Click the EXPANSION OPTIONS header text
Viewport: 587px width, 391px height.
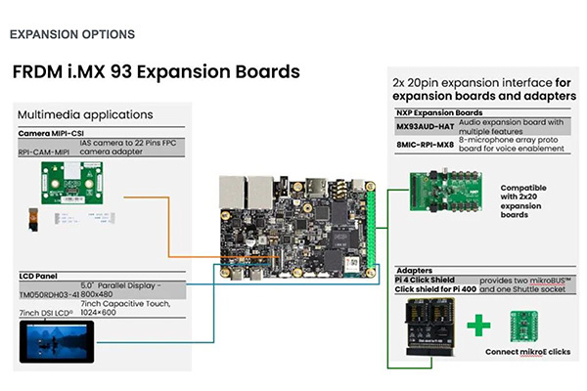pos(71,34)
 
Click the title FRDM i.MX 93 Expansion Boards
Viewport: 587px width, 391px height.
pos(155,74)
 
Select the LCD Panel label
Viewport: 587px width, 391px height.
pos(40,277)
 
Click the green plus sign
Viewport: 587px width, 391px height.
pos(477,324)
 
